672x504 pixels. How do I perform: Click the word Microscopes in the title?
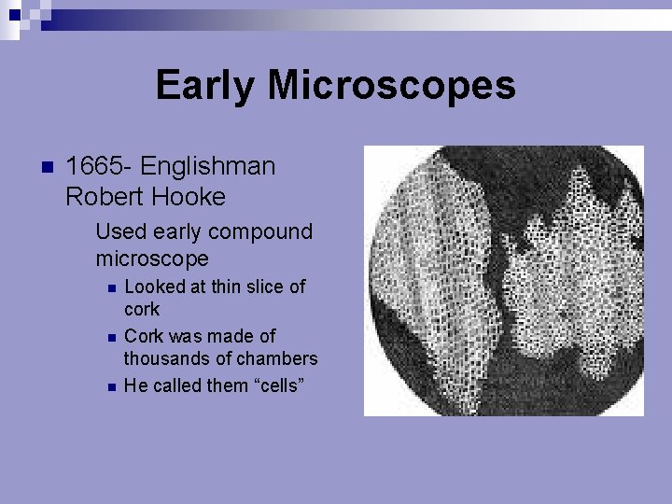coord(391,86)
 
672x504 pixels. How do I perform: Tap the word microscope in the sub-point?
coord(151,258)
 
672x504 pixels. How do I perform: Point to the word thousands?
coord(166,358)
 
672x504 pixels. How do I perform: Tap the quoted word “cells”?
coord(273,385)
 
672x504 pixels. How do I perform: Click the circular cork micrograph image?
coord(503,280)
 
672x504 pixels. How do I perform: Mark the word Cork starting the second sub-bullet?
coord(143,336)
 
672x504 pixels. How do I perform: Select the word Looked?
coord(154,287)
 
